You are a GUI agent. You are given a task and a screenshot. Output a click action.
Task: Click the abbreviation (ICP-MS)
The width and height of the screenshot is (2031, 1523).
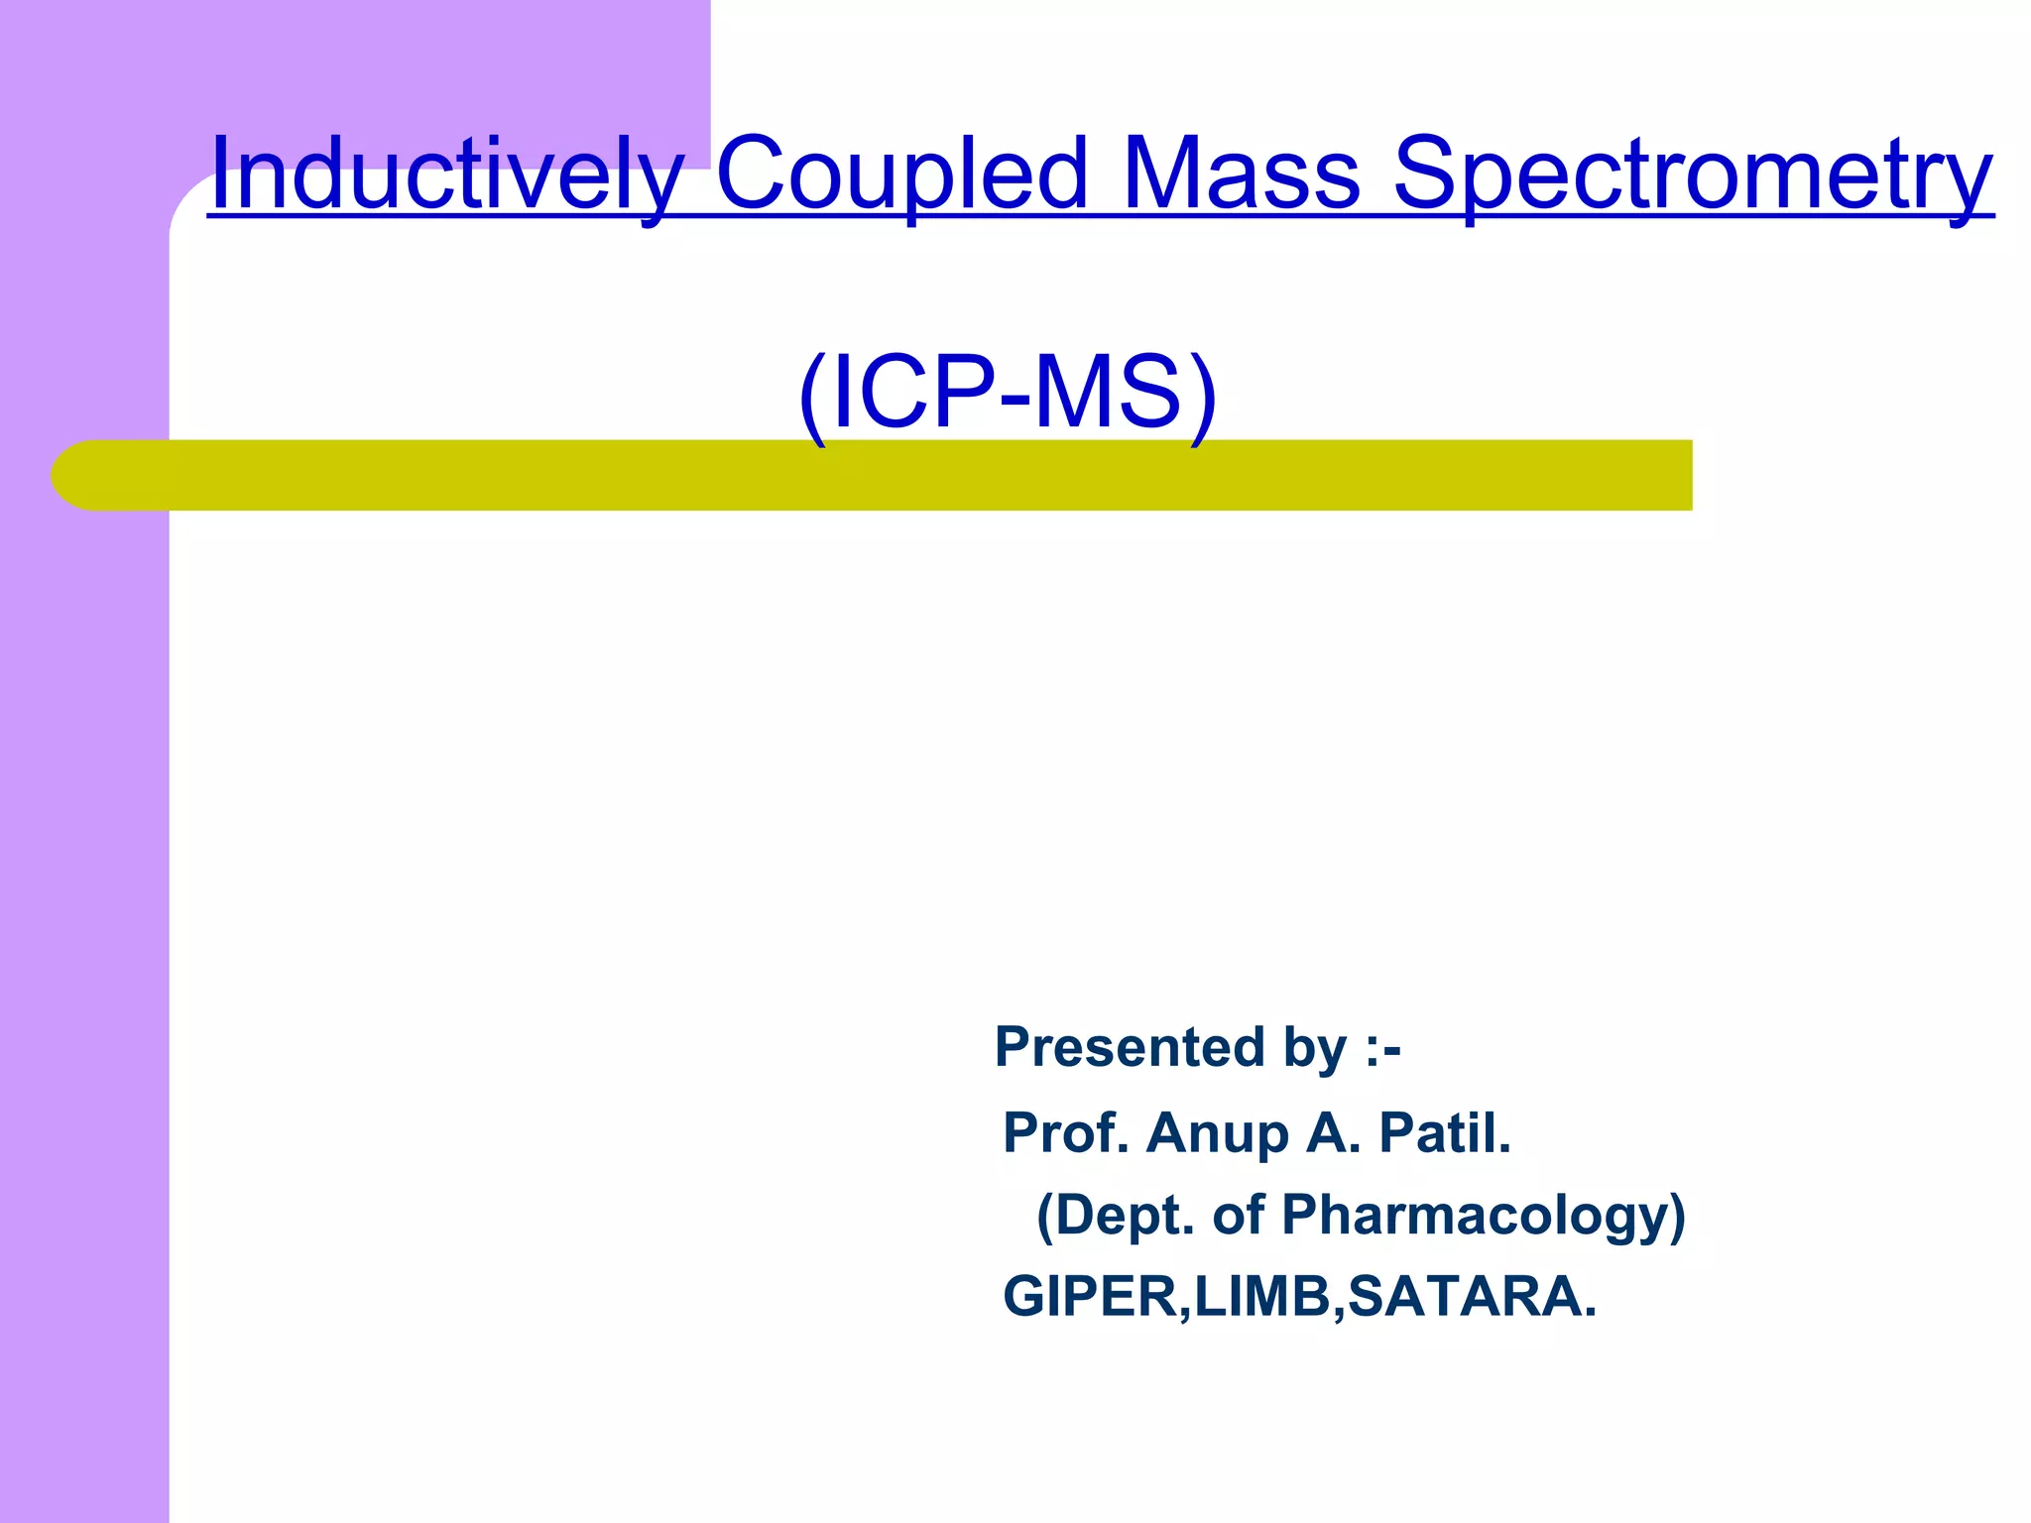click(x=1008, y=393)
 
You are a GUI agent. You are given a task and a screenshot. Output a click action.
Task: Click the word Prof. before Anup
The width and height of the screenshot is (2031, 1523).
click(x=1066, y=1132)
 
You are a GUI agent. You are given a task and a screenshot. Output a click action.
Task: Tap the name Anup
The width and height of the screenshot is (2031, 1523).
click(x=1217, y=1134)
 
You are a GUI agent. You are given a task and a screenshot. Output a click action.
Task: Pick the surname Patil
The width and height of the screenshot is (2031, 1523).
click(x=1445, y=1132)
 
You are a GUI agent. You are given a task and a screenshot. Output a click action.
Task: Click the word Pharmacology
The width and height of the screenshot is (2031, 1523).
click(x=1484, y=1216)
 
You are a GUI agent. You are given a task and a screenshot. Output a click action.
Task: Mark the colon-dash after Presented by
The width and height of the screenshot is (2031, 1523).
click(x=1382, y=1049)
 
